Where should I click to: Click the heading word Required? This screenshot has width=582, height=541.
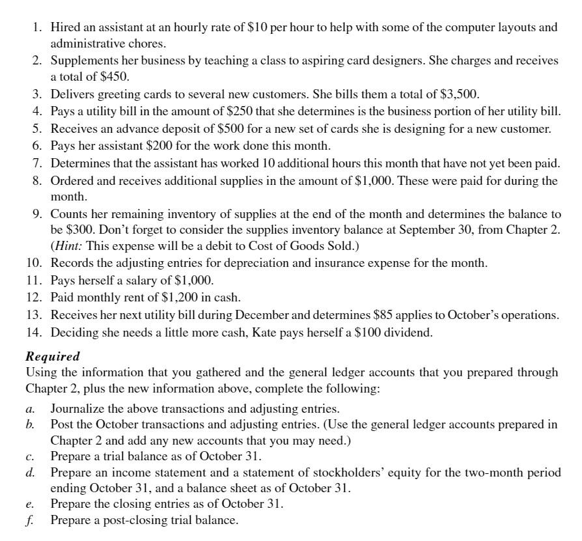53,357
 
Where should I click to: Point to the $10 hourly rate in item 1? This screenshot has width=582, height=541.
256,27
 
